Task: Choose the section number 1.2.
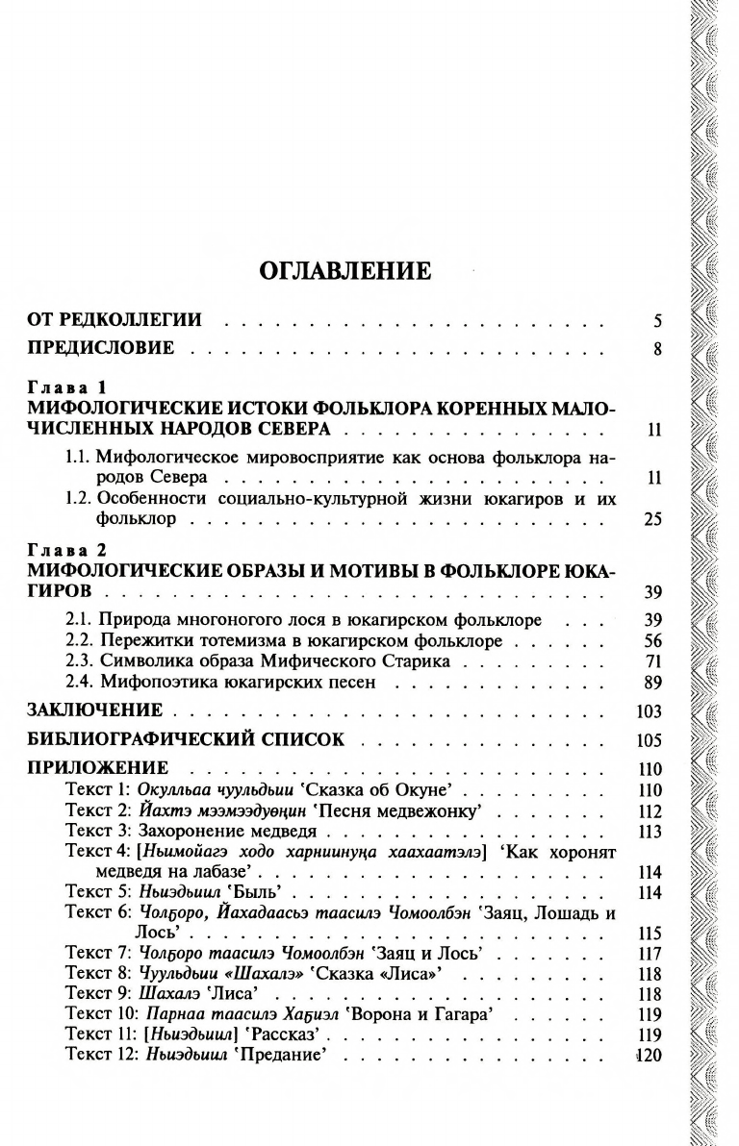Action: (x=78, y=499)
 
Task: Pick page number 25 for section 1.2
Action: (x=652, y=519)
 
